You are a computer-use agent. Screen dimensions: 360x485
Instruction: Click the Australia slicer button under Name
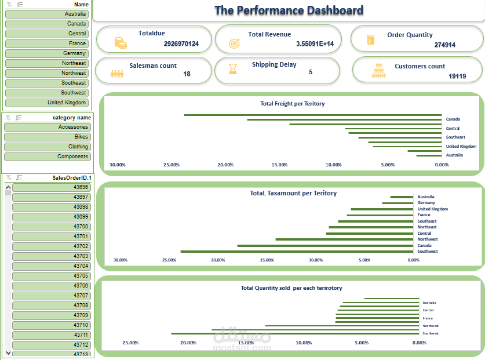[46, 14]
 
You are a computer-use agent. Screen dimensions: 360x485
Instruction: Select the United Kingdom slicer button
[46, 103]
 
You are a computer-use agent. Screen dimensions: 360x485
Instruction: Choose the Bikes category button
[46, 137]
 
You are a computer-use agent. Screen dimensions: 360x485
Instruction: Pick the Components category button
[46, 157]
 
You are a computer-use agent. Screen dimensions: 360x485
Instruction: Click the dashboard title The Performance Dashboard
[289, 10]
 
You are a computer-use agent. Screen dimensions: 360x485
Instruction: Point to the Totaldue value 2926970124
[181, 44]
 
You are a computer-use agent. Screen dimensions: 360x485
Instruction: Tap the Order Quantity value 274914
[444, 45]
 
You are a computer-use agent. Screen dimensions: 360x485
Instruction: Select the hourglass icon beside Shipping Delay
[232, 70]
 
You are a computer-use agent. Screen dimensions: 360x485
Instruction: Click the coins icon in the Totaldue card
[120, 42]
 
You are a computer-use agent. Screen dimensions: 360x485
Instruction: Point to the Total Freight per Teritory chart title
[292, 104]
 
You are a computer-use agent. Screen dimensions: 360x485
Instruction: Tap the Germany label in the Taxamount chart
[426, 203]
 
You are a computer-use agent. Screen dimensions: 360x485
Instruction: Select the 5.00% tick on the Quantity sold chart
[362, 343]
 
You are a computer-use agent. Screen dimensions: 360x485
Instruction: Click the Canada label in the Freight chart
[453, 119]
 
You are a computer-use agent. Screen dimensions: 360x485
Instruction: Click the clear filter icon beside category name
[8, 118]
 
